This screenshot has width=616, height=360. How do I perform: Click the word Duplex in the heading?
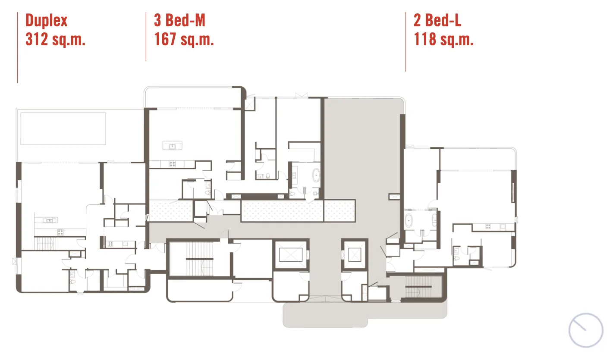point(47,21)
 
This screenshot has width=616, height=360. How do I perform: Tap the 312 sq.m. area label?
point(55,39)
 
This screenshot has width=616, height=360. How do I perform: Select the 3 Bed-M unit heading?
point(179,20)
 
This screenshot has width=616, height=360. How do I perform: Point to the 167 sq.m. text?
point(184,39)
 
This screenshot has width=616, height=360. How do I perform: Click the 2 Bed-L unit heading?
point(437,20)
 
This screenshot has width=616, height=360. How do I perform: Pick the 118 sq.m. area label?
point(443,39)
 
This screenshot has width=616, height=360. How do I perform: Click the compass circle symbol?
point(586,330)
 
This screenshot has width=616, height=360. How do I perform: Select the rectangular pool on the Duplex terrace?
point(63,128)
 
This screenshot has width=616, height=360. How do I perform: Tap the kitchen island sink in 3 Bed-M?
point(173,146)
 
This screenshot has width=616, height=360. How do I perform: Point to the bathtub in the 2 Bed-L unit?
point(409,221)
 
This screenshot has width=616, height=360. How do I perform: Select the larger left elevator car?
point(291,254)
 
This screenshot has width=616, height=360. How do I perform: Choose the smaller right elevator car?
point(355,254)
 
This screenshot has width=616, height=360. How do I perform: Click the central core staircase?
point(200,259)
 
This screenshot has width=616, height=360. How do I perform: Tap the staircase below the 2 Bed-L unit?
point(418,287)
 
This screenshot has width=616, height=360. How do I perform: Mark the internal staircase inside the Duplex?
point(45,243)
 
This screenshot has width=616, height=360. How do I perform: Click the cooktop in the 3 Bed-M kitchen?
point(172,164)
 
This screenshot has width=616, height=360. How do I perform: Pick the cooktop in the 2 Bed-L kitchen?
point(488,227)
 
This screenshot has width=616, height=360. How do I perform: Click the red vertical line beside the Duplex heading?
point(17,47)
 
